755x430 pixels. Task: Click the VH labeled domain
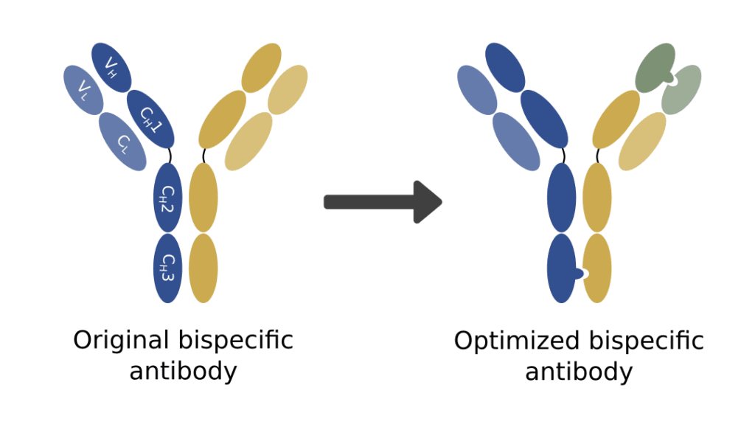(x=111, y=68)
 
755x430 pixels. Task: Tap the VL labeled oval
(x=83, y=90)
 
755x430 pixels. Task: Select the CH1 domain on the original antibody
(x=150, y=119)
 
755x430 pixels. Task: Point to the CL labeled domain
(x=122, y=142)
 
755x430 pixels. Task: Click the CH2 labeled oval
(x=167, y=198)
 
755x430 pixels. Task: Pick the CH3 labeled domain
(x=167, y=268)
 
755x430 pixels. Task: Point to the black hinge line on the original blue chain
(x=170, y=155)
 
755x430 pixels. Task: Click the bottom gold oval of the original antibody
(x=203, y=268)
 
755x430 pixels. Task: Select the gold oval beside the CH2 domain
(x=203, y=198)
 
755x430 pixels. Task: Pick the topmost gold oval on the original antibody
(x=262, y=68)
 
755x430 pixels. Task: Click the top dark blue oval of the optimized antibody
(x=505, y=68)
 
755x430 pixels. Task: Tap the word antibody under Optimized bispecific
(x=578, y=372)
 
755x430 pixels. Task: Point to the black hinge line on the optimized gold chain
(x=597, y=156)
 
